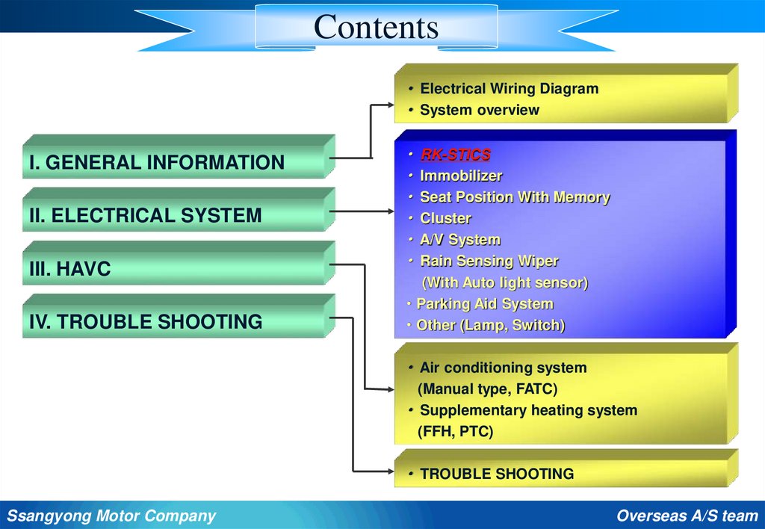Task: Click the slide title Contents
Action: pyautogui.click(x=376, y=28)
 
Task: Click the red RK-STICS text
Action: pyautogui.click(x=455, y=155)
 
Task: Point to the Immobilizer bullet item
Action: pyautogui.click(x=460, y=176)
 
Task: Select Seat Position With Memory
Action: pyautogui.click(x=514, y=197)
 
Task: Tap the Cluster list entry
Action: pyautogui.click(x=445, y=218)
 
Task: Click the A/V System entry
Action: pyautogui.click(x=459, y=240)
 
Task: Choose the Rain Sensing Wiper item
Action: pyautogui.click(x=489, y=261)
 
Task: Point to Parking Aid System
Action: pyautogui.click(x=484, y=304)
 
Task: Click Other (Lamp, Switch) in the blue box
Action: pyautogui.click(x=490, y=325)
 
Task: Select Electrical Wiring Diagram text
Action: pyautogui.click(x=509, y=88)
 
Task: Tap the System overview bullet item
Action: pyautogui.click(x=479, y=110)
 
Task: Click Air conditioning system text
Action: pyautogui.click(x=503, y=368)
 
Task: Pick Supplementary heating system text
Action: pyautogui.click(x=528, y=410)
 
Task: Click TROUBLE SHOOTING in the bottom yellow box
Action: pyautogui.click(x=497, y=474)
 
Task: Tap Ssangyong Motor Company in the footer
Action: pyautogui.click(x=111, y=516)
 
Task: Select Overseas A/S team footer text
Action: pyautogui.click(x=687, y=516)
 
